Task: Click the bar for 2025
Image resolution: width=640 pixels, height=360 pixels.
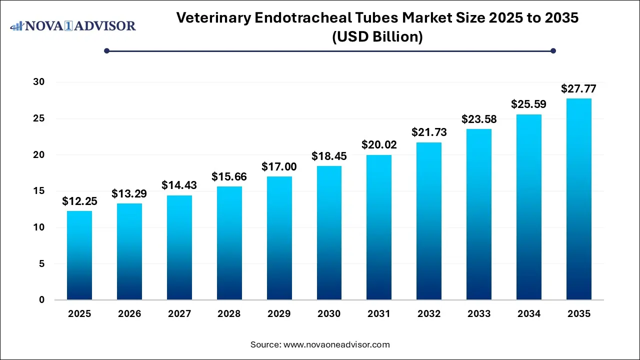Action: point(79,255)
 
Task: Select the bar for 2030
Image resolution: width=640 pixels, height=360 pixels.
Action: point(329,233)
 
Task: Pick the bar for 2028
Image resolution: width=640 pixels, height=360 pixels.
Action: point(229,243)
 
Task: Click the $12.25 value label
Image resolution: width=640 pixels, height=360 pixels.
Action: point(79,201)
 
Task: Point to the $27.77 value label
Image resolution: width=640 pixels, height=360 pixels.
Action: point(579,89)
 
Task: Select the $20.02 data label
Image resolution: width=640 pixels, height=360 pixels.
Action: point(379,145)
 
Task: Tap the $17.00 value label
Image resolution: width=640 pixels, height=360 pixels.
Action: point(279,166)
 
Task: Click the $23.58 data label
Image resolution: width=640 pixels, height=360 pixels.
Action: point(479,119)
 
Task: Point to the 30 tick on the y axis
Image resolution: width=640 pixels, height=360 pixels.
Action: point(39,82)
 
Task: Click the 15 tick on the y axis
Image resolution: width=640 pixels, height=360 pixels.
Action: point(39,191)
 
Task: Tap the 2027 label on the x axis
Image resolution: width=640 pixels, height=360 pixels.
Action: point(179,314)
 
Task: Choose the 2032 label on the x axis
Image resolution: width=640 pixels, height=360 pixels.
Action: point(429,314)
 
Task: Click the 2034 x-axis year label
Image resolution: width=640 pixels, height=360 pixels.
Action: point(529,314)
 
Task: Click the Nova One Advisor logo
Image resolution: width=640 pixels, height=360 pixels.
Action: point(73,25)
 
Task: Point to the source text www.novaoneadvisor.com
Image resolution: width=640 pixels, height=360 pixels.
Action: point(336,344)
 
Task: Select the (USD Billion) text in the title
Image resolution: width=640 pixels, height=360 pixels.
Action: point(377,37)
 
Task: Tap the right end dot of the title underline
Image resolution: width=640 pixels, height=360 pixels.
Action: point(553,50)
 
